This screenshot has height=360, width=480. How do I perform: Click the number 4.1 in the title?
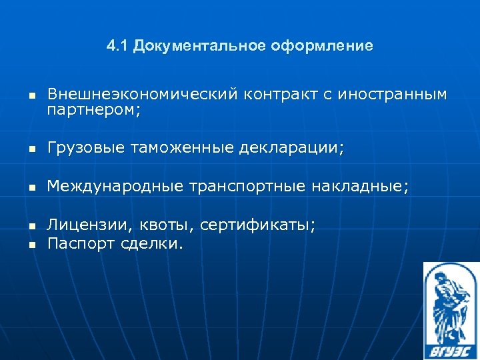point(117,46)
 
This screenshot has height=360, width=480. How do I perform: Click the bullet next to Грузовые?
point(31,151)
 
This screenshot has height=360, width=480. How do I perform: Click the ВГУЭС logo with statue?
point(450,310)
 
